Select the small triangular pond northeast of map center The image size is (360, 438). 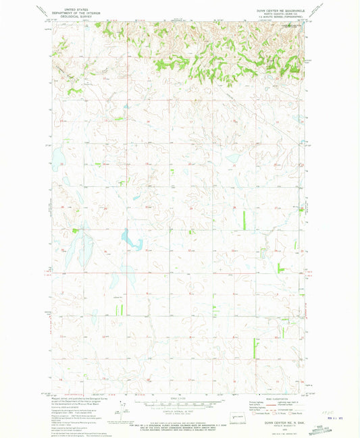(233, 158)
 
